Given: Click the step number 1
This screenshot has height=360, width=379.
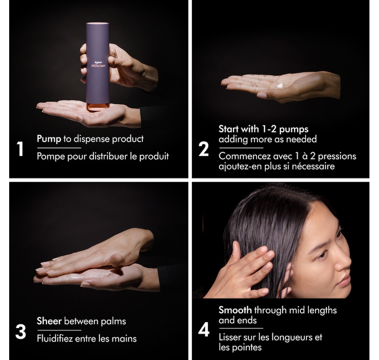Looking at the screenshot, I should click(20, 150).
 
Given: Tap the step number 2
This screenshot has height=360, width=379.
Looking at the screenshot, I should click(203, 150).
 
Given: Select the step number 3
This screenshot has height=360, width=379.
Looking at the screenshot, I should click(20, 332).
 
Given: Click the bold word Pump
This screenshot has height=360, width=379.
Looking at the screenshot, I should click(49, 139).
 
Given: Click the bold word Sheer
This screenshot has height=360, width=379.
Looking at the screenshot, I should click(49, 321).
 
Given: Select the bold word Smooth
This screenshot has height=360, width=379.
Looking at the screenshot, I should click(235, 310).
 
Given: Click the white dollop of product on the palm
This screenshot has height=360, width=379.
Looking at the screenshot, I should click(280, 85).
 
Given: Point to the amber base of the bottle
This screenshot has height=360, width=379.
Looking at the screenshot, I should click(97, 107).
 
